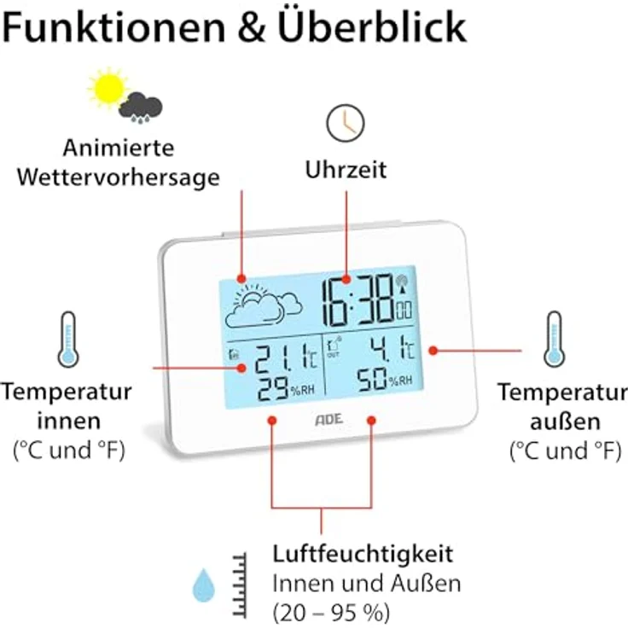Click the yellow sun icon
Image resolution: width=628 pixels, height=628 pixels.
tap(108, 87)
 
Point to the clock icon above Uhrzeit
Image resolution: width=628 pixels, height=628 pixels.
tap(345, 122)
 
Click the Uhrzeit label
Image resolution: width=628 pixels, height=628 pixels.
tap(346, 170)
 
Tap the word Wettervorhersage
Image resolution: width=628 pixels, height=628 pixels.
tap(118, 178)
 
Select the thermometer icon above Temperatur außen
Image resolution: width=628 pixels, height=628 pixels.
tap(555, 339)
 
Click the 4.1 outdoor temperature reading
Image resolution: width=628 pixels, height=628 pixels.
tap(382, 350)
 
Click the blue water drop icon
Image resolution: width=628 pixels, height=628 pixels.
tap(203, 587)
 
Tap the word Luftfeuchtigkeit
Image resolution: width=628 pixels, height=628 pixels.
tap(362, 554)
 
